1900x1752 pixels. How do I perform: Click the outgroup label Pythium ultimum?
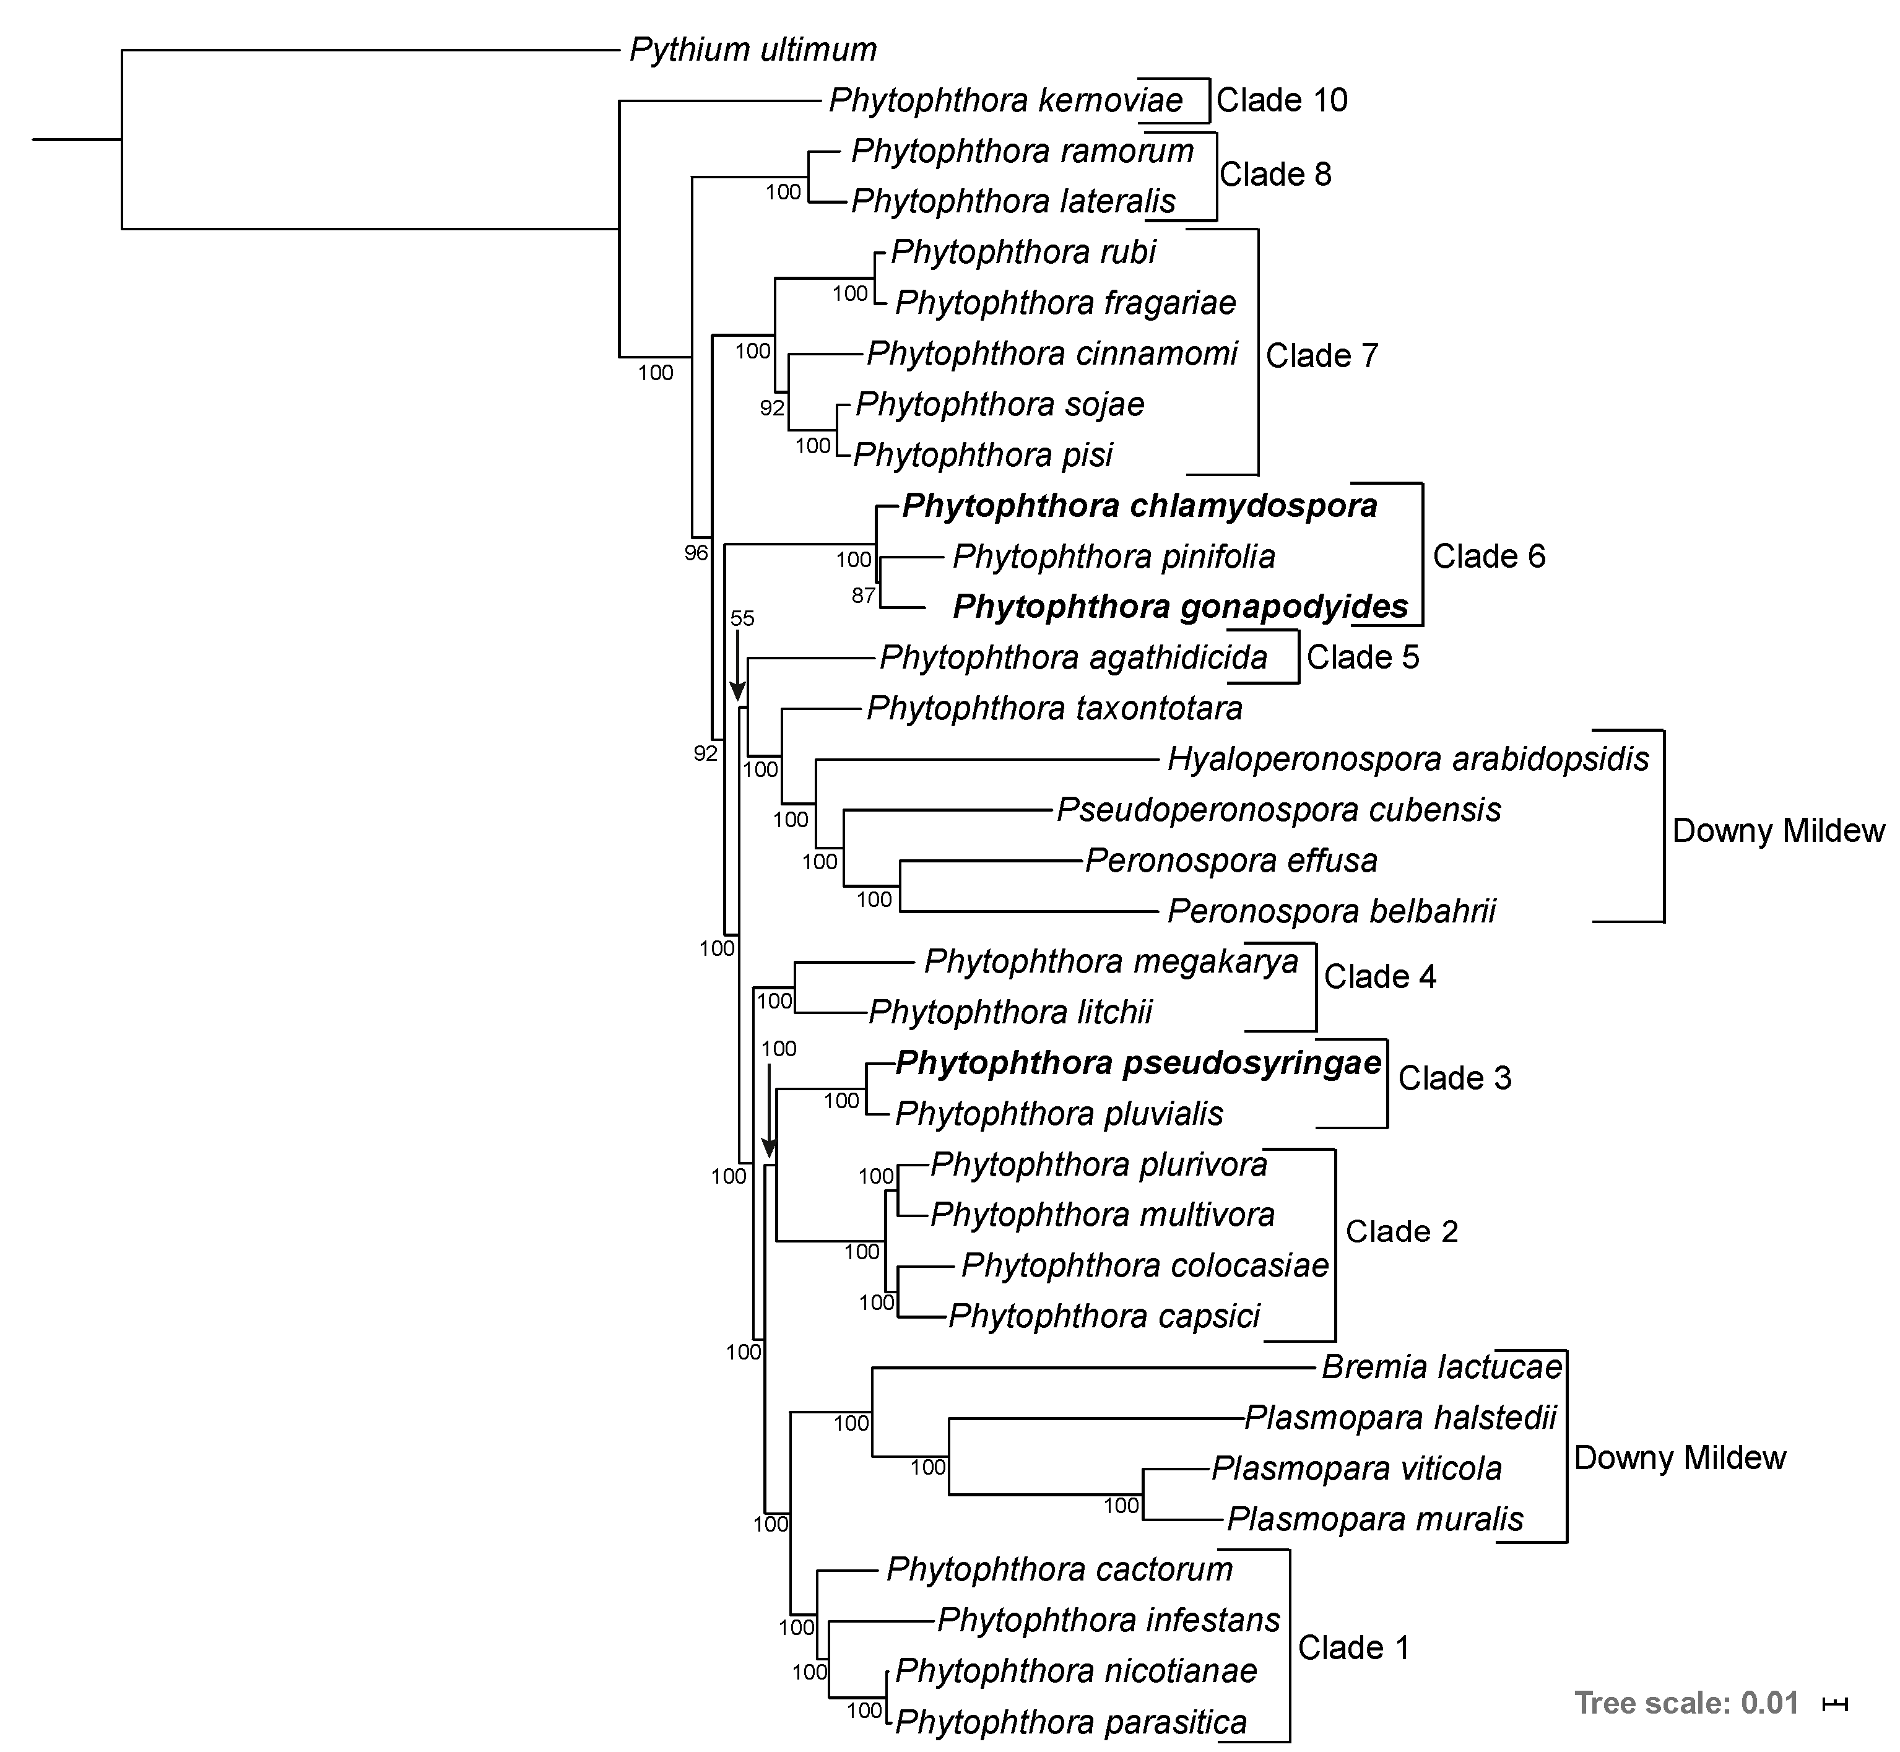click(753, 50)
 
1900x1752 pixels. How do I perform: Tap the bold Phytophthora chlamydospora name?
click(1139, 506)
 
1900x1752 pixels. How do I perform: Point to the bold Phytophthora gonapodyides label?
click(1181, 607)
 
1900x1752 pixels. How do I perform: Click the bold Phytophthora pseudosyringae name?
click(1138, 1063)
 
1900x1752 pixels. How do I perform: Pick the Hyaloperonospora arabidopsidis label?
click(1408, 760)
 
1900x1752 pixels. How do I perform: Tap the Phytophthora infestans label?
click(1108, 1620)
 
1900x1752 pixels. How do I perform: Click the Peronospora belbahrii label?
click(1331, 911)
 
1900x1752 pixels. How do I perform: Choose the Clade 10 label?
click(1282, 100)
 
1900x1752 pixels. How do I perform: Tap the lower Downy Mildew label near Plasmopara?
click(1679, 1457)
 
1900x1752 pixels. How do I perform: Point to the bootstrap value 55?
click(742, 619)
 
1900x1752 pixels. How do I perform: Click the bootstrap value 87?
click(863, 596)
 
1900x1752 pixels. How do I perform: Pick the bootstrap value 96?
click(696, 553)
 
